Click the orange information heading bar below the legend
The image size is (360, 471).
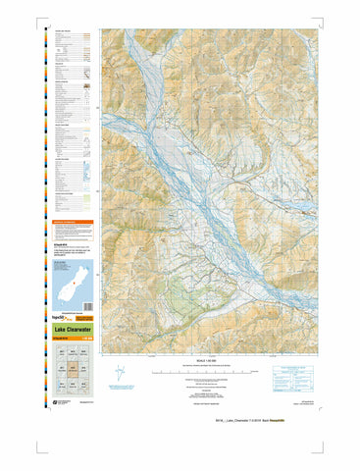click(x=73, y=223)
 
